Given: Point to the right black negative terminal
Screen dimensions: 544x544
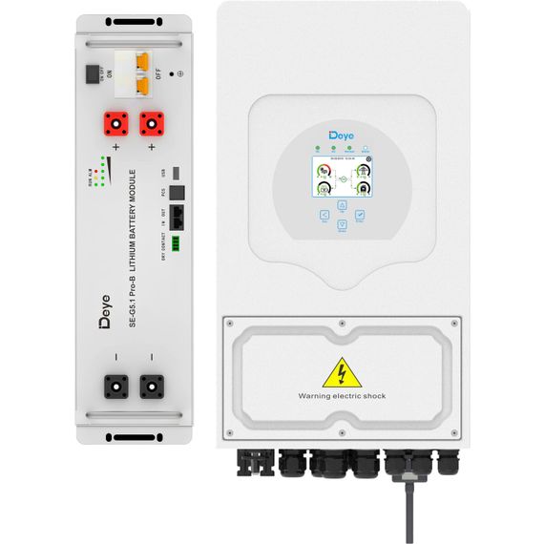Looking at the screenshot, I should pos(151,385).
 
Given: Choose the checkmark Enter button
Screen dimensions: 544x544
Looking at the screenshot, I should pos(358,216).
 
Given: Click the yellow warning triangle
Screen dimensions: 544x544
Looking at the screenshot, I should pos(341,372).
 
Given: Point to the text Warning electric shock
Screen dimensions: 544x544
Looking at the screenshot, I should pos(342,395).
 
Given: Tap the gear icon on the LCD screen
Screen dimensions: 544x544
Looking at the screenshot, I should pos(368,159).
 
